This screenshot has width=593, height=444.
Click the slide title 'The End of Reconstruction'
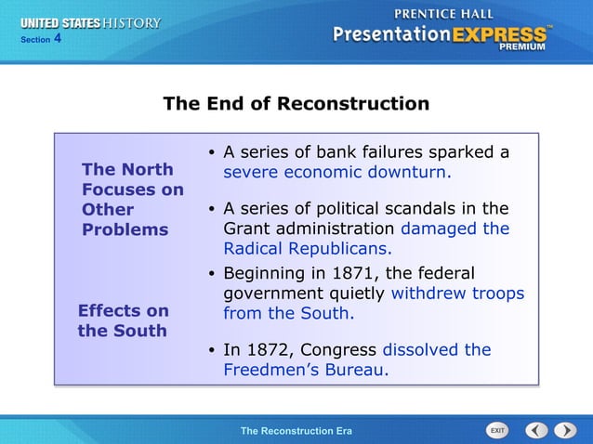296,103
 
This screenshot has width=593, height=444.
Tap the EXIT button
497,430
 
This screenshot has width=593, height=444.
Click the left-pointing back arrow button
536,430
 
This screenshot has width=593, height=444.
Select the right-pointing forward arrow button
565,430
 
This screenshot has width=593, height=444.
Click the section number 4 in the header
57,39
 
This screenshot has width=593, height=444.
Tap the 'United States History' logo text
91,23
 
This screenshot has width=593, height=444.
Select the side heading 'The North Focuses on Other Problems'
132,199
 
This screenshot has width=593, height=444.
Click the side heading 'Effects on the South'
123,320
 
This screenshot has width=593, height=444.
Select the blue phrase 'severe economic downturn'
336,173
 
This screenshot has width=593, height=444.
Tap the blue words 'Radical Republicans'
306,249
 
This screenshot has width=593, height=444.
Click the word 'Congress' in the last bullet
342,350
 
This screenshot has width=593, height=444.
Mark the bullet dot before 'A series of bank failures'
212,153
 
